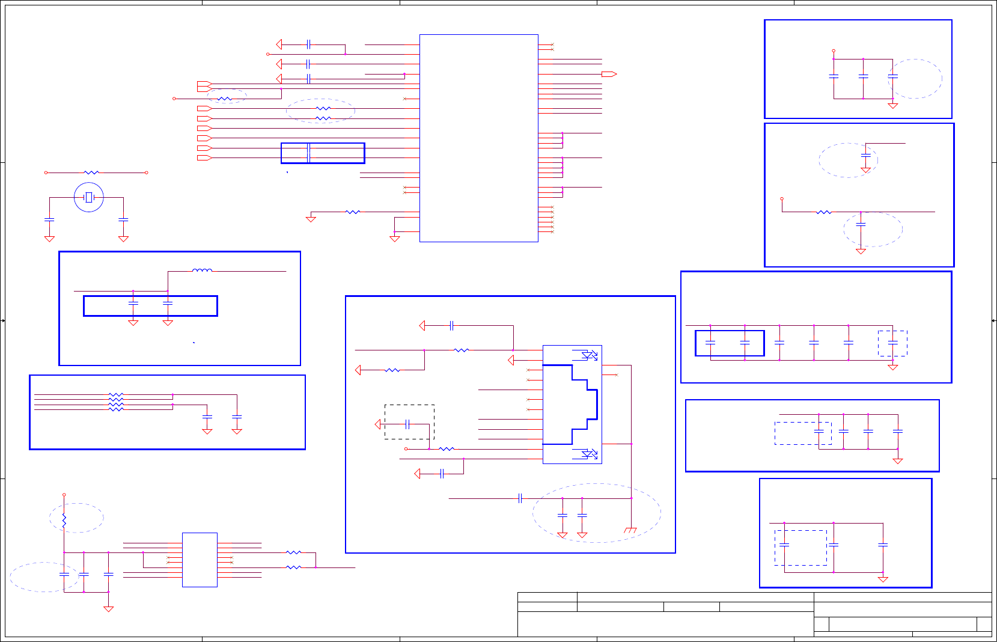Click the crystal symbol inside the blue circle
tap(89, 197)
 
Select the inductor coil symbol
tap(202, 271)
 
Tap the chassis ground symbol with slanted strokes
tap(630, 530)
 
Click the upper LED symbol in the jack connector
tap(590, 355)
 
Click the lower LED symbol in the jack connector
tap(590, 454)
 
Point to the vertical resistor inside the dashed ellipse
tap(64, 520)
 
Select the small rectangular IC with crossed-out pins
tap(200, 560)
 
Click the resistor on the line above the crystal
tap(91, 173)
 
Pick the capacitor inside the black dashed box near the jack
tap(408, 424)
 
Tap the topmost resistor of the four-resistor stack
tap(116, 395)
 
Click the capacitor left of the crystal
tap(49, 219)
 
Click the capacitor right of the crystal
tap(123, 219)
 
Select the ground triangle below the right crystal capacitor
tap(123, 239)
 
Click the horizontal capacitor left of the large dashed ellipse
tap(520, 498)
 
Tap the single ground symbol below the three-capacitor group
tap(108, 609)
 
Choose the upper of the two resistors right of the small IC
tap(293, 552)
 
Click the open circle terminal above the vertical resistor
tap(64, 495)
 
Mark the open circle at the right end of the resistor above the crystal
tap(147, 173)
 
